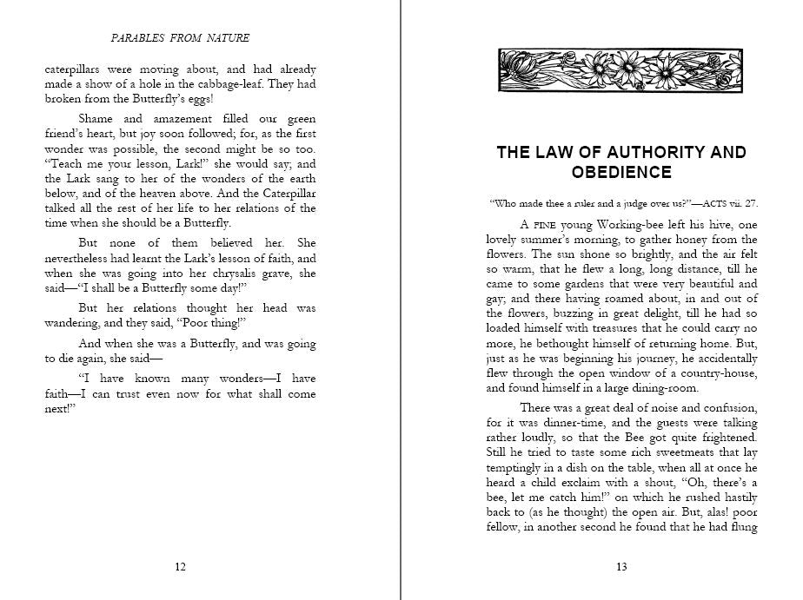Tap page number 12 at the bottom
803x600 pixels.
pyautogui.click(x=180, y=568)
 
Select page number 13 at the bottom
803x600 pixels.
pyautogui.click(x=621, y=568)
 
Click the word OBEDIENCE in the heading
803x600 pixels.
pyautogui.click(x=621, y=172)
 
